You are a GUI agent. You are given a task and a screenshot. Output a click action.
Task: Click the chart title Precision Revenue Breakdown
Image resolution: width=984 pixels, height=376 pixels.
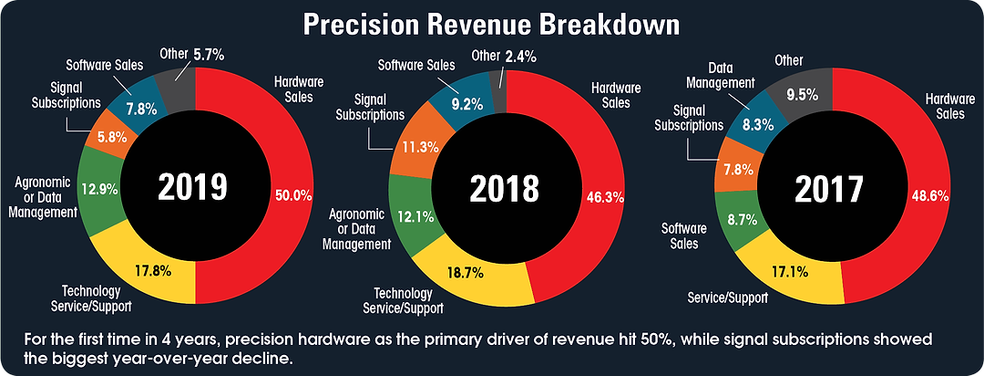[492, 25]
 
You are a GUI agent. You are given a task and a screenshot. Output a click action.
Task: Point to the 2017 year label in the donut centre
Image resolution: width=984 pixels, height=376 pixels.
[828, 189]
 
